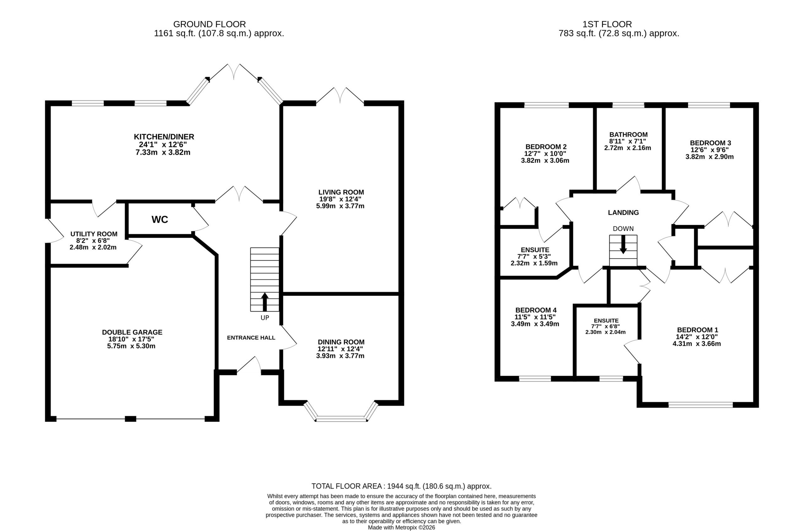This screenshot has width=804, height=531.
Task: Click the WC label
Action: pos(160,219)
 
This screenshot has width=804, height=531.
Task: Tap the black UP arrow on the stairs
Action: pos(265,302)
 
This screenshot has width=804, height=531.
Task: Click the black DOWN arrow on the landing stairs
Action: pos(623,245)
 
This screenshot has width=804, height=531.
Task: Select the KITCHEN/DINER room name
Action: pos(164,137)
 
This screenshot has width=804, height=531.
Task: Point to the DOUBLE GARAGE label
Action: pos(133,332)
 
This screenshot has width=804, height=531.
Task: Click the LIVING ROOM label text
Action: pos(341,192)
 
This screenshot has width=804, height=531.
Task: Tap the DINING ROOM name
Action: pos(341,342)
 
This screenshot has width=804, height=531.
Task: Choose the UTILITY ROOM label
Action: pos(94,234)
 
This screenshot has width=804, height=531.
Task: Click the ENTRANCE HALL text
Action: pos(251,338)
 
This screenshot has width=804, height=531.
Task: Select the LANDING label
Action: pos(623,213)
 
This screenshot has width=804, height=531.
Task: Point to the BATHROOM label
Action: pos(628,134)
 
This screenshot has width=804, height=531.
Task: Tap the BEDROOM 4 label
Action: pos(536,310)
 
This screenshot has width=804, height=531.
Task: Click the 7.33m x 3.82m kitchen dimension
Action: pos(163,153)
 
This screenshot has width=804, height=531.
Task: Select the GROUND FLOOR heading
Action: pos(209,24)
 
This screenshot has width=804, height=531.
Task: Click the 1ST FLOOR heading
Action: pos(607,24)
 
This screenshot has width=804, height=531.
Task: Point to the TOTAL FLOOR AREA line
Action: pos(402,486)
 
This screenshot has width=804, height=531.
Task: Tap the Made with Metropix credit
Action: pos(402,528)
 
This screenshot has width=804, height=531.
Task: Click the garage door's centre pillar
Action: pos(130,419)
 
